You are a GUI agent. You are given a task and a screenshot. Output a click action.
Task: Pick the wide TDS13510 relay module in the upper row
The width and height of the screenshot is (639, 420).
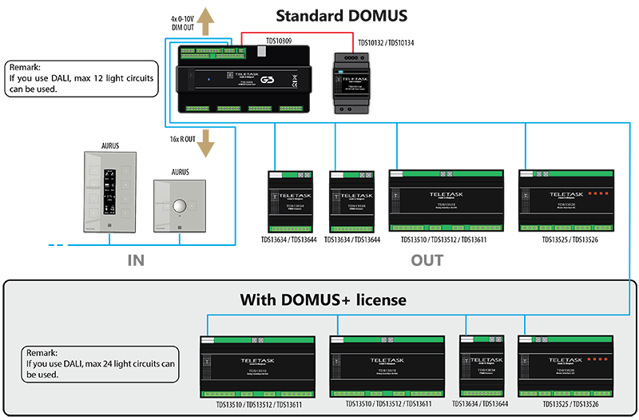coord(445,200)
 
